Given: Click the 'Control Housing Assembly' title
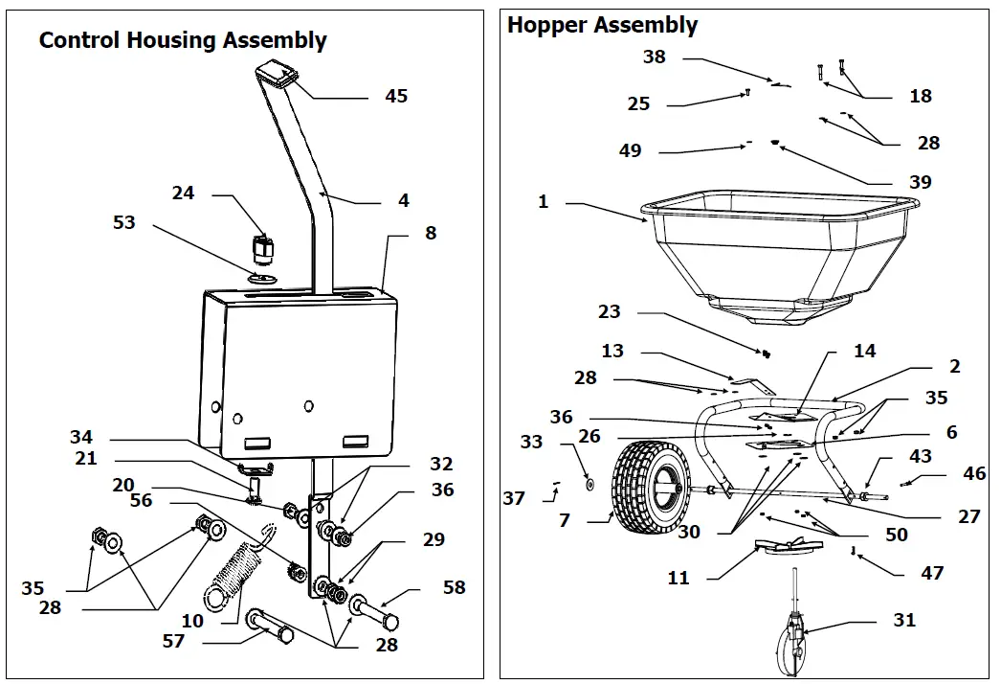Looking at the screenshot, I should point(183,40).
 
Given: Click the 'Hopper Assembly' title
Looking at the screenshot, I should point(602,25).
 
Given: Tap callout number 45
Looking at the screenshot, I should point(395,96).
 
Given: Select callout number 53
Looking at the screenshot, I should point(124,222).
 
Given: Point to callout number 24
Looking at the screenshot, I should point(183,193).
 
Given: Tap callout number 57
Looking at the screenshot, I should point(173,641).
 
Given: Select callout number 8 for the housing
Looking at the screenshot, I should point(431,233).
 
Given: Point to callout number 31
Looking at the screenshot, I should point(903,620).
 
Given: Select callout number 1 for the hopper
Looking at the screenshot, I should point(544,202).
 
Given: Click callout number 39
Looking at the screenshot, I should point(920,182).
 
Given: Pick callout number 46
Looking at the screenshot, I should point(973,473).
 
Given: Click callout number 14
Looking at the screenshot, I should point(864,352).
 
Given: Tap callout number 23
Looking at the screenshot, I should point(610,311).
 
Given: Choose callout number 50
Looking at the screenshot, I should point(897,535).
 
